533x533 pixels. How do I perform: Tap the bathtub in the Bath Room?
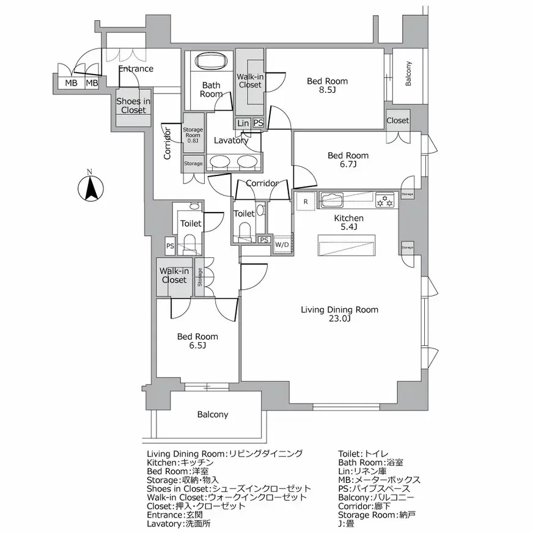pos(211,62)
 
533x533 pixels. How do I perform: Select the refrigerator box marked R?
pos(306,202)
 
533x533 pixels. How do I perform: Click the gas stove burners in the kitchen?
pos(385,200)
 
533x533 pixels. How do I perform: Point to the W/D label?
pos(282,244)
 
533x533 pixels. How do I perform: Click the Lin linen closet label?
pos(243,123)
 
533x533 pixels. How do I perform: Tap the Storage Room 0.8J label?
pos(193,135)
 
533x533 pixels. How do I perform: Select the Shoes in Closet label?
pos(133,106)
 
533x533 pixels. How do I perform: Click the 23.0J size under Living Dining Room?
pos(339,318)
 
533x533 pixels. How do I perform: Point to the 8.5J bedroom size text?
pos(328,90)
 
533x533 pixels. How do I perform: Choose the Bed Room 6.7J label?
pos(348,160)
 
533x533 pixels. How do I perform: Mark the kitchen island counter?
pos(347,244)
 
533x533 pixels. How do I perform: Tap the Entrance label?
pos(136,68)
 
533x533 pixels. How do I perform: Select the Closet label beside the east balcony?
pos(398,120)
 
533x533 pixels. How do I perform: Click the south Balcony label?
pos(213,414)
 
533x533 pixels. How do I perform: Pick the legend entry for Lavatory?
pos(178,523)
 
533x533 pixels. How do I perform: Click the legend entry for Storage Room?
pos(377,515)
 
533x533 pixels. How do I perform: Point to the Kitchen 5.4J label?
pos(349,222)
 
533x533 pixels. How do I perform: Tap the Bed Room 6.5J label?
pos(197,341)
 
